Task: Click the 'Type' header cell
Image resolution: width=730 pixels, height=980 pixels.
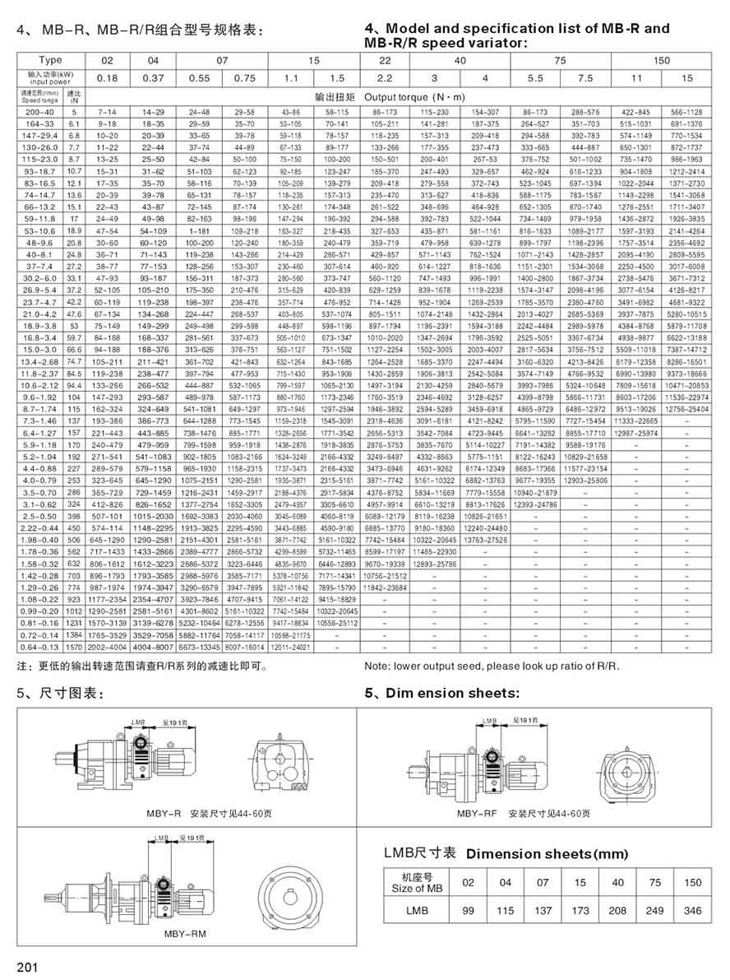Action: (x=50, y=60)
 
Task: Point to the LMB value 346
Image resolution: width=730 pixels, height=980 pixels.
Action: (x=693, y=911)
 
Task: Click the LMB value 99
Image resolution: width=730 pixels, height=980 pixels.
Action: (x=469, y=911)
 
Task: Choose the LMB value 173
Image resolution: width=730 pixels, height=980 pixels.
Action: (x=580, y=911)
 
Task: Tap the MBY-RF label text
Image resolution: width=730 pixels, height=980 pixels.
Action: (x=475, y=814)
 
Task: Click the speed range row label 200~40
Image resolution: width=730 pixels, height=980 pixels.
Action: (x=40, y=110)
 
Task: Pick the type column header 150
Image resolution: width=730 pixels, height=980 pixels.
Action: (x=662, y=60)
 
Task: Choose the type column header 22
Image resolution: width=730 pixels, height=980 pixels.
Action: (x=385, y=60)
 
